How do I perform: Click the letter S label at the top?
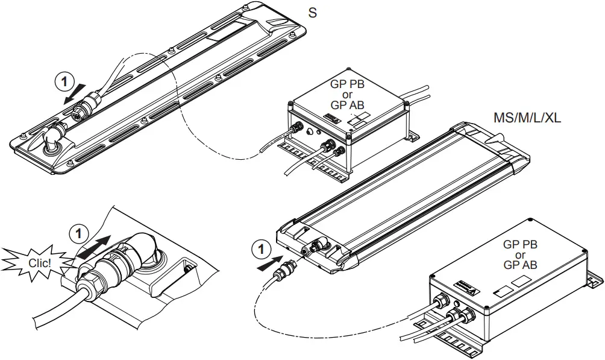point(312,12)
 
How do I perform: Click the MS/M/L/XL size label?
point(527,118)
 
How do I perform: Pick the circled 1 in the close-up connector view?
point(78,232)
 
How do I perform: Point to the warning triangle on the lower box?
point(475,288)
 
